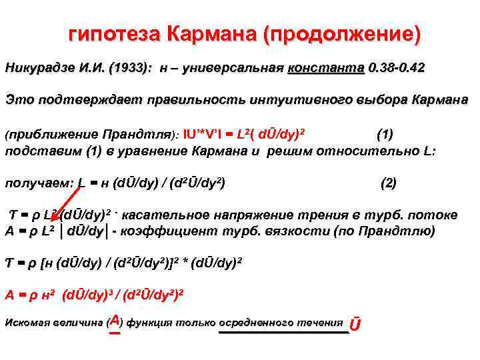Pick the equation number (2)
pyautogui.click(x=388, y=182)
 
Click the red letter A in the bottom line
pyautogui.click(x=115, y=320)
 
